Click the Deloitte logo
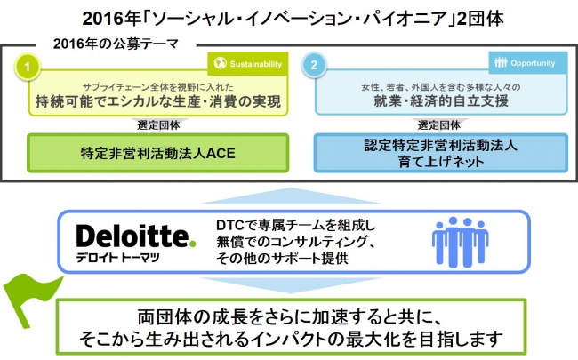(x=134, y=236)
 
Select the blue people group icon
(x=461, y=240)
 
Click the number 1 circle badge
(x=29, y=66)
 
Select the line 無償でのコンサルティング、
(x=292, y=241)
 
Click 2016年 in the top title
(x=105, y=16)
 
